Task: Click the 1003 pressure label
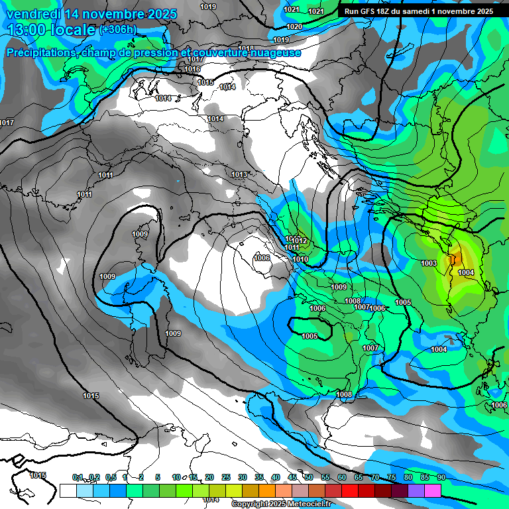429,263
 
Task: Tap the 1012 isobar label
300,241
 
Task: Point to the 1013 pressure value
239,174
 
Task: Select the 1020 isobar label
294,27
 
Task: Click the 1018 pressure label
247,48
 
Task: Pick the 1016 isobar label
193,69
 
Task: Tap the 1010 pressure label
300,259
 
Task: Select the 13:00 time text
28,30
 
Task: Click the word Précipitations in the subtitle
40,52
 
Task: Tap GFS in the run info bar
373,11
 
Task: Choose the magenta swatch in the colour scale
433,490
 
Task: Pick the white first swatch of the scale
68,490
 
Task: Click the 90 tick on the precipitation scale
441,477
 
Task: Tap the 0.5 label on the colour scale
111,477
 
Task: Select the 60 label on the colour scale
341,477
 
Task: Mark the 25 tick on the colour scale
226,477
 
